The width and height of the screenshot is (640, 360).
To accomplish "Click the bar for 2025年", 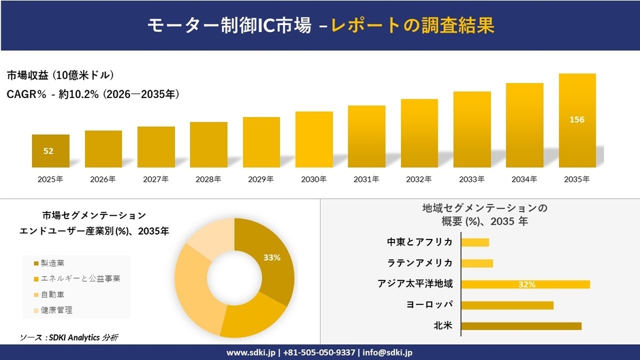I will (50, 151).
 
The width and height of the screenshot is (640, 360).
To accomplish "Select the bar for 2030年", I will (314, 140).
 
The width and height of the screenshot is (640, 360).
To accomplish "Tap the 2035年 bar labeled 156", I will (577, 120).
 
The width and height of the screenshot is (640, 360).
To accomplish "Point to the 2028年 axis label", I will (208, 180).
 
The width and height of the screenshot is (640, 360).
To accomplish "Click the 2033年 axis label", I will (472, 180).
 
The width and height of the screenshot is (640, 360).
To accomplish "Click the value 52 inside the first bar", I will (48, 151).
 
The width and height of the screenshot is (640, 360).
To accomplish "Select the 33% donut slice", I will (269, 262).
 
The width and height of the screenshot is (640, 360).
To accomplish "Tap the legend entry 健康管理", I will (56, 310).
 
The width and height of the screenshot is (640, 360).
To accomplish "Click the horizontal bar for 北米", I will (522, 326).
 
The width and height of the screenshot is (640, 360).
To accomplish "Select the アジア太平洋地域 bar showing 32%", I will (526, 284).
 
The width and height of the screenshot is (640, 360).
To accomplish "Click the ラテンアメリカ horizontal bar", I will (477, 263).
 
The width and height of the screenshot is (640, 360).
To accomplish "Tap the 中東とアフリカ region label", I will (419, 242).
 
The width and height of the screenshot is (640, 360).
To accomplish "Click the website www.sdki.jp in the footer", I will (250, 353).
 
